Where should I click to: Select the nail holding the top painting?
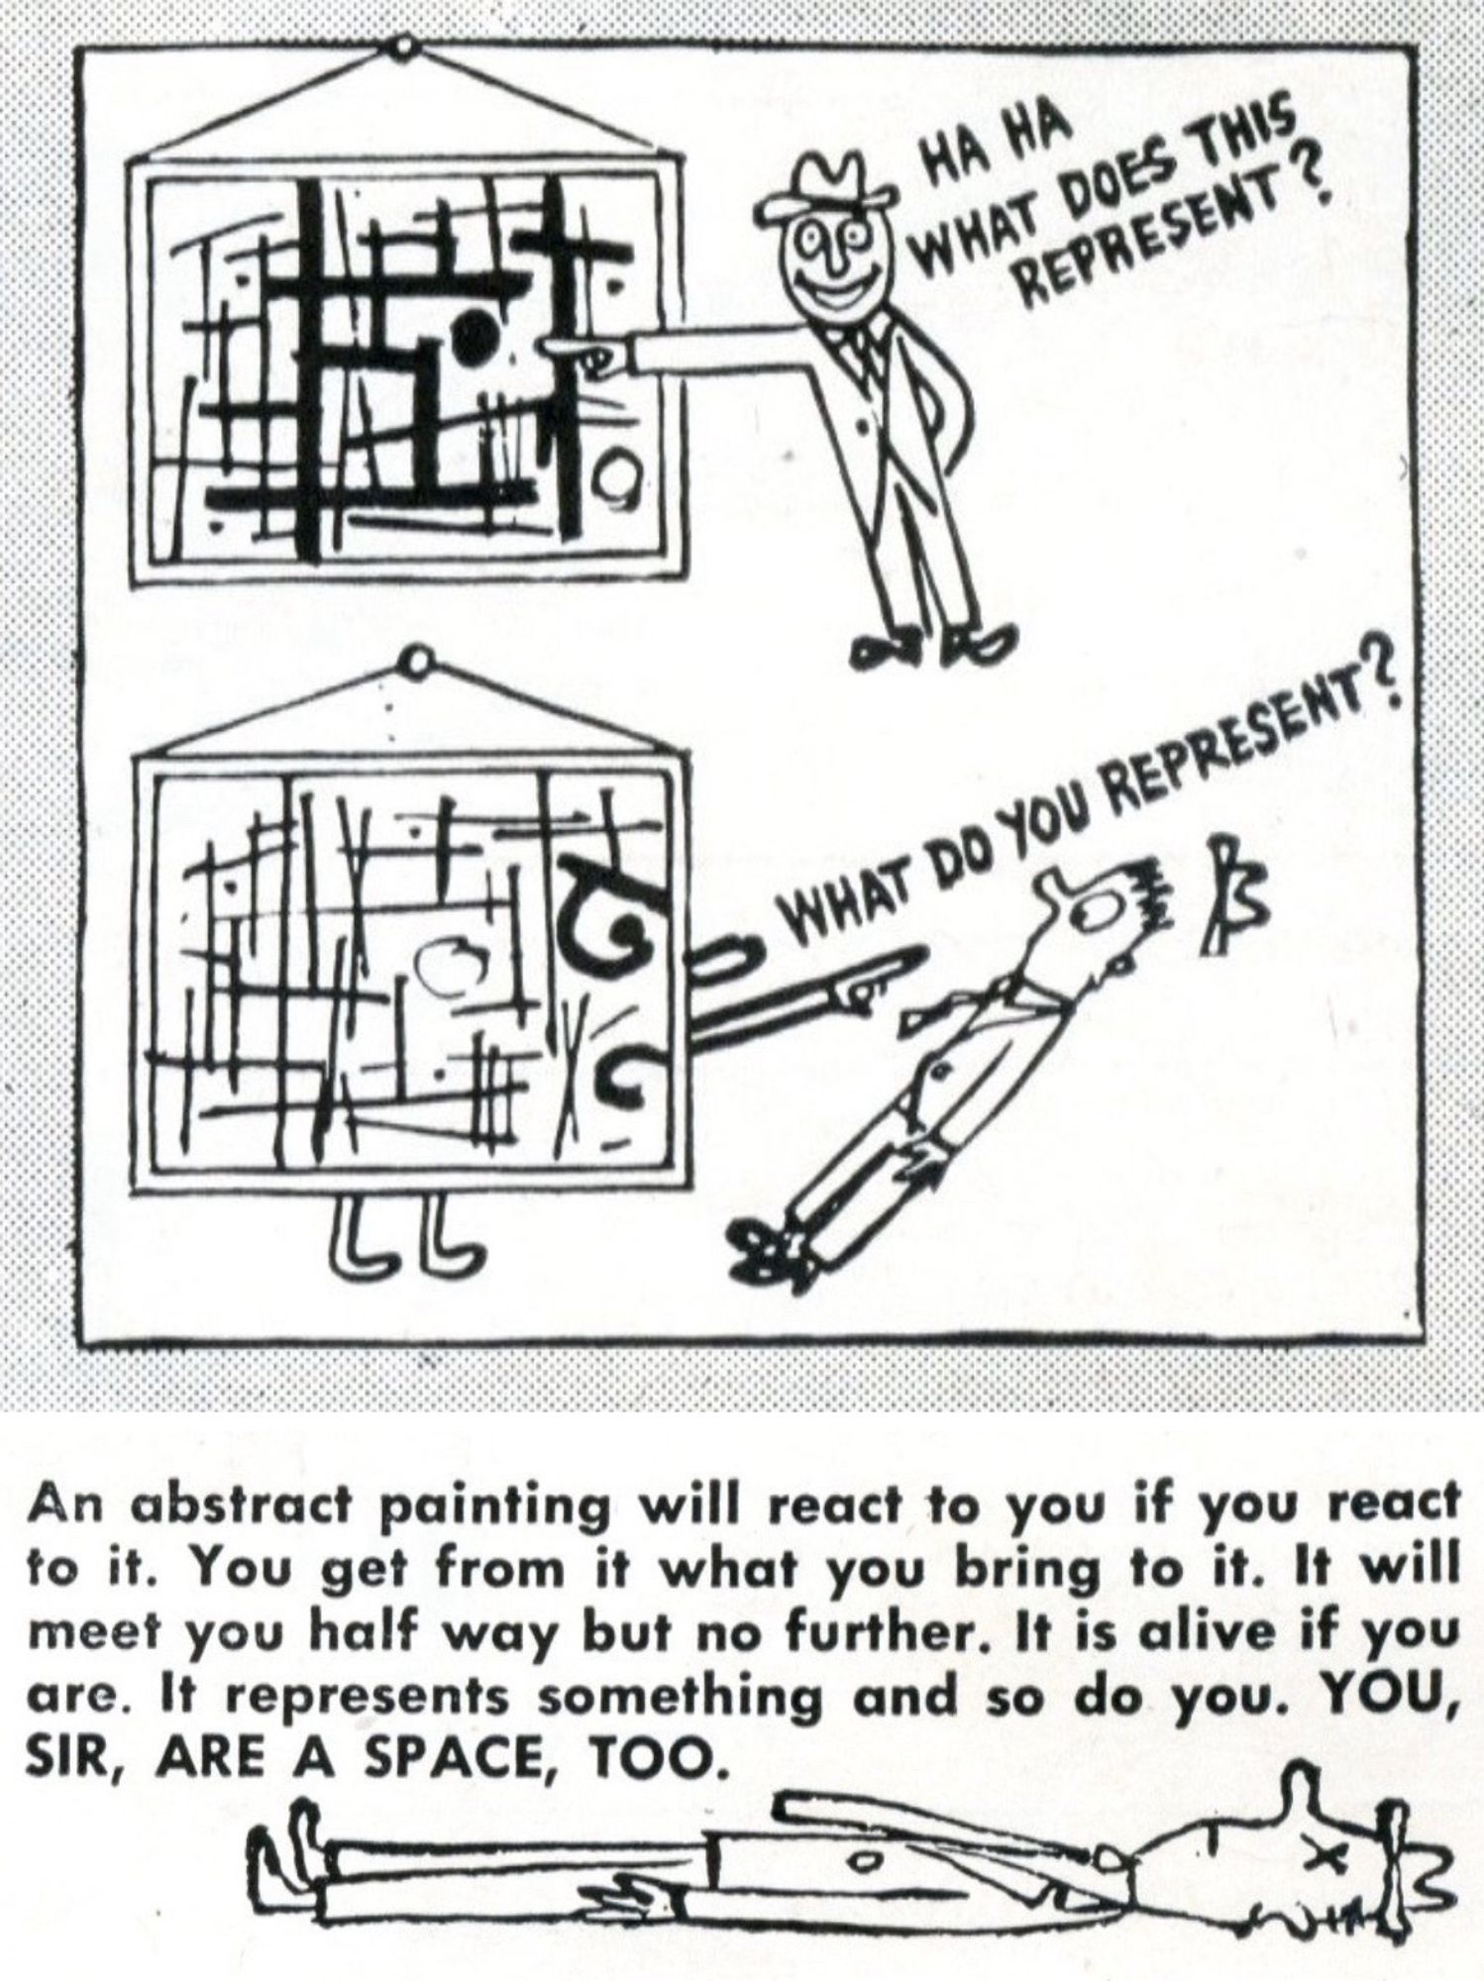pyautogui.click(x=403, y=47)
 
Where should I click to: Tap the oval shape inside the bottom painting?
pyautogui.click(x=450, y=960)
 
